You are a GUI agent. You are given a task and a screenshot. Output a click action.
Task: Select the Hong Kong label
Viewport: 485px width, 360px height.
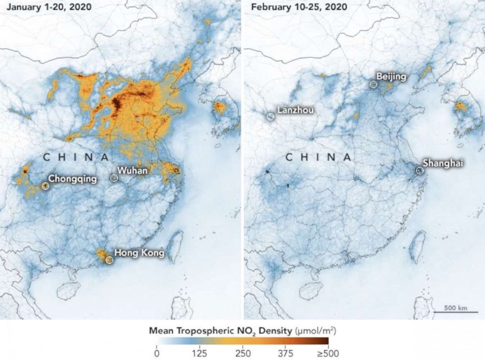click(x=139, y=253)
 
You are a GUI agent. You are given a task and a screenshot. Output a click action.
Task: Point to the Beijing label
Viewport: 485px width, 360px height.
click(x=392, y=77)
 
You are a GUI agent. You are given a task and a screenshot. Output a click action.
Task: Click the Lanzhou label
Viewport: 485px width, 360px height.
click(x=295, y=110)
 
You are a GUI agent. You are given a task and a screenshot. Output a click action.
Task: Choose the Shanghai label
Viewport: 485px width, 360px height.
click(x=443, y=163)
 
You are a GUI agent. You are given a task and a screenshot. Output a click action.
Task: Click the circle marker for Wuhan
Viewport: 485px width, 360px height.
click(x=114, y=178)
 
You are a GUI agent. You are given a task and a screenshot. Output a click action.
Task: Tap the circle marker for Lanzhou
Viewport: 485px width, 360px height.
click(x=270, y=117)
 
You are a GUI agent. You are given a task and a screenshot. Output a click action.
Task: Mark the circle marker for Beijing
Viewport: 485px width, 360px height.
click(x=374, y=84)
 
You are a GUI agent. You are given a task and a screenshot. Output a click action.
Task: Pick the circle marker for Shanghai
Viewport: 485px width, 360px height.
click(x=419, y=170)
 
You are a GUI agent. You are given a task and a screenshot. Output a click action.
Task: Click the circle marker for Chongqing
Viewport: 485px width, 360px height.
click(x=45, y=186)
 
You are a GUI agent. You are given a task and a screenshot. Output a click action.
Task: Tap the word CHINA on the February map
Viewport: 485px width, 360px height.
click(x=318, y=157)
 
